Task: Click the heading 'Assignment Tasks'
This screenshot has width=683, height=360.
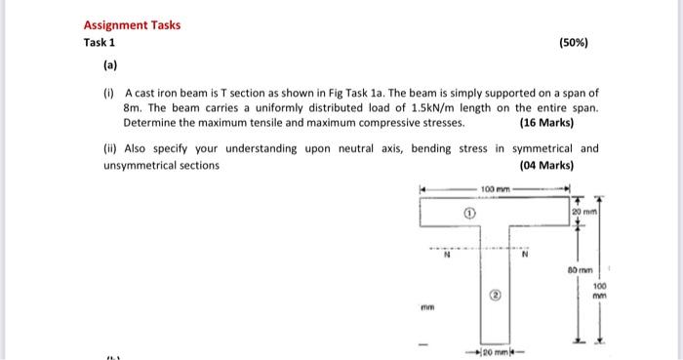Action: [x=132, y=24]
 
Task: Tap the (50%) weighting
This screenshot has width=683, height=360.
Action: [x=574, y=43]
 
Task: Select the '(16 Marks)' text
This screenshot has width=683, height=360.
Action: [x=547, y=125]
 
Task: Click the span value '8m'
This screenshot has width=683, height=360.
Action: [x=134, y=107]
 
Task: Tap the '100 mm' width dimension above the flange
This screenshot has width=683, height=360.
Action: [x=498, y=186]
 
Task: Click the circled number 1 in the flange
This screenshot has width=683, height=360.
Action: [x=469, y=209]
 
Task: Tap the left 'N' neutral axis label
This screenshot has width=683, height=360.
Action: [x=448, y=260]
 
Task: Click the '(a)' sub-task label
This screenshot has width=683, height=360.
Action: [x=110, y=68]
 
